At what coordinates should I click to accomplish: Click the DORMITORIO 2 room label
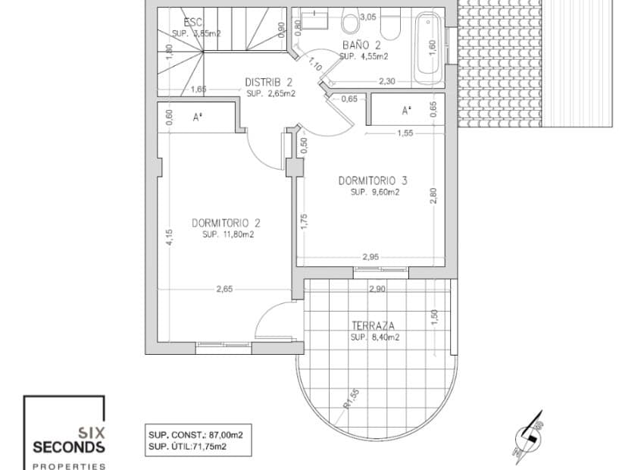pos(226,223)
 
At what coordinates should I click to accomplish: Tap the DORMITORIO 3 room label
pos(373,180)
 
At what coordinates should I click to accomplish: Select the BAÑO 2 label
pos(364,46)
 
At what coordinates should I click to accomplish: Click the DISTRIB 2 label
pos(269,83)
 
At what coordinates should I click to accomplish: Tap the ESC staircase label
pos(183,23)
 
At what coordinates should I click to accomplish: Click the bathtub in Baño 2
pos(429,47)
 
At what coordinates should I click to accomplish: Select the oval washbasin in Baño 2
pos(351,24)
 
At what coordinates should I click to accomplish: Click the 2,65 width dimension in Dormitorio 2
pos(224,289)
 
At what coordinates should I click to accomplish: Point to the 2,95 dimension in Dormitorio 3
pos(369,257)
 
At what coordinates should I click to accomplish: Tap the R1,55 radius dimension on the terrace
pos(349,397)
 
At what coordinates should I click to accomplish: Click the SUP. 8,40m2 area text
pos(374,337)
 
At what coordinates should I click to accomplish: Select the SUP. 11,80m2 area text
pos(227,235)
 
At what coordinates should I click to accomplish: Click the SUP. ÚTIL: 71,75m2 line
pos(198,446)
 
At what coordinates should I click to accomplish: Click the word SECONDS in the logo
pos(68,446)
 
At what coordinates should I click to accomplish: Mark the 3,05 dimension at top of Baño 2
pos(368,16)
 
